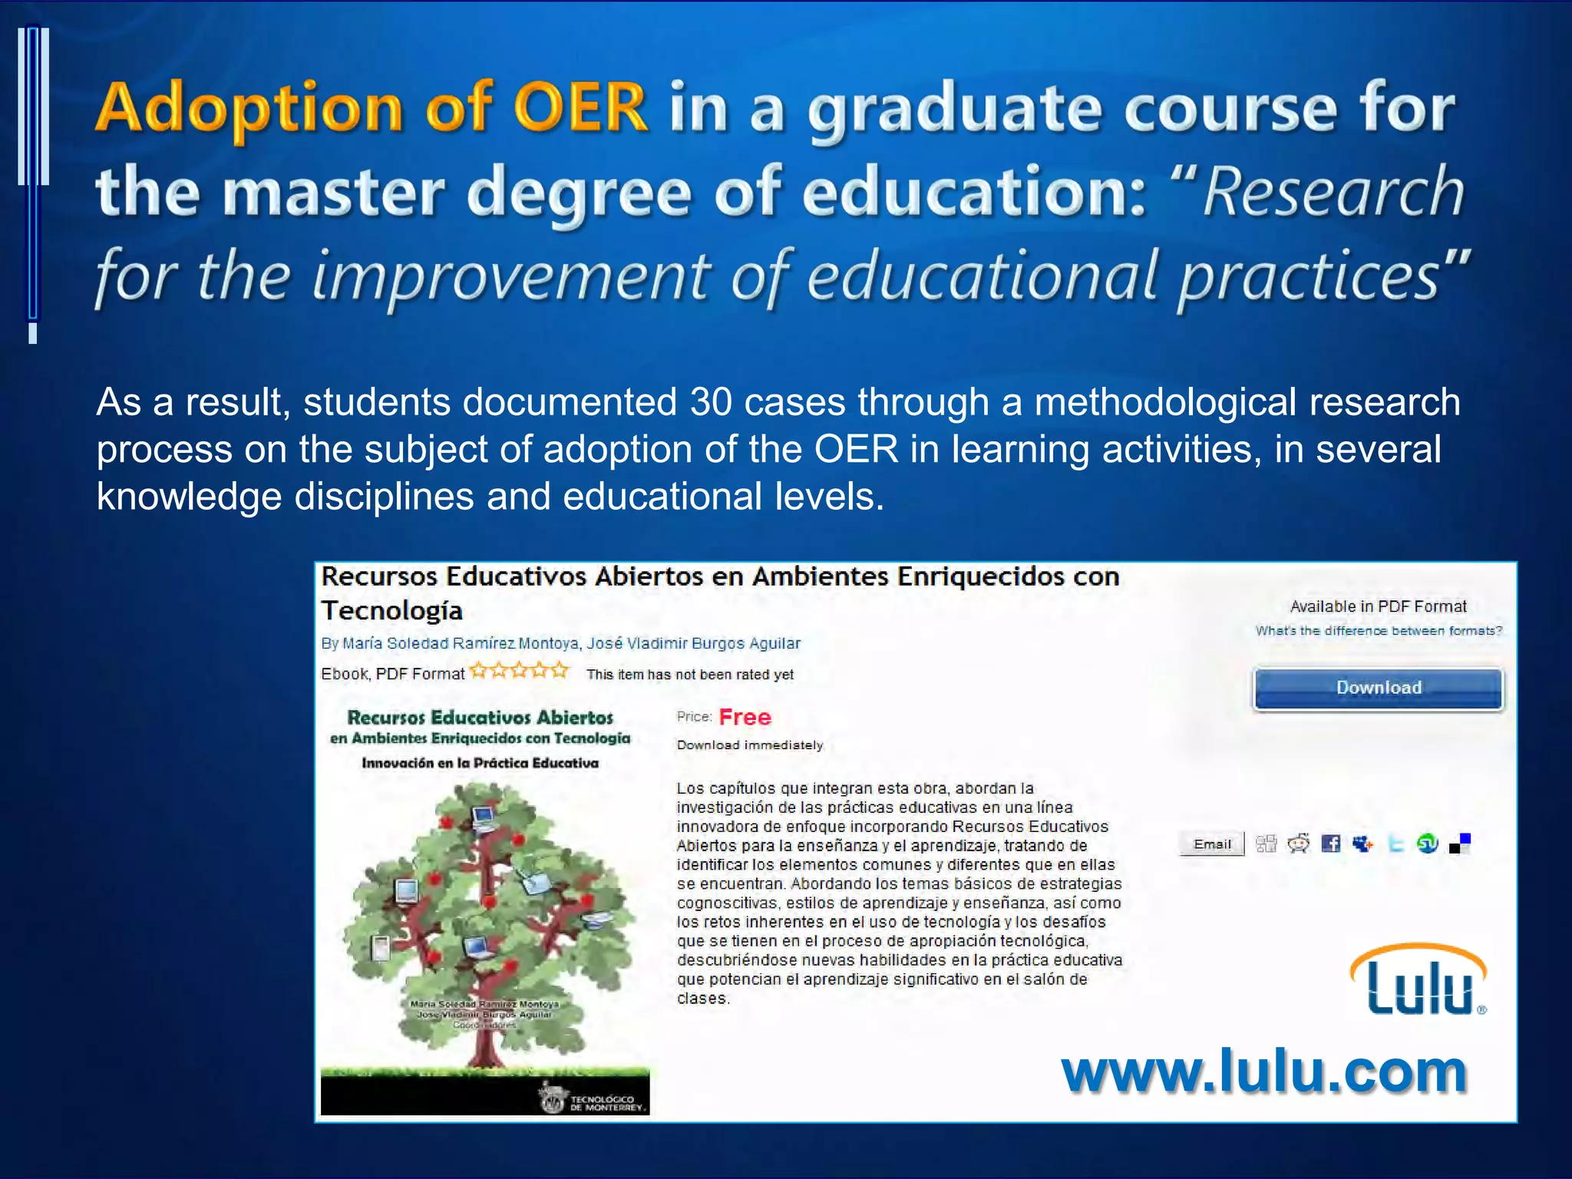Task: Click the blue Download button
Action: (1378, 689)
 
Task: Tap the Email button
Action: (1212, 844)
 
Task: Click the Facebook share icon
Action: (1331, 844)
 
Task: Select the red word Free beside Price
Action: (745, 718)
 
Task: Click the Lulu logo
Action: (1418, 981)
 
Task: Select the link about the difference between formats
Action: (1379, 631)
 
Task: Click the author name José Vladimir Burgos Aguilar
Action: (694, 643)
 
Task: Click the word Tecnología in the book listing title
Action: (392, 611)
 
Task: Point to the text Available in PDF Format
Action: (1378, 606)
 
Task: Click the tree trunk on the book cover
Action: (485, 1036)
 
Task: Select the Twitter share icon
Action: (1395, 844)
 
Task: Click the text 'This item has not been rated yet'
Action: (690, 675)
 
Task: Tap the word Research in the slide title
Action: (1333, 192)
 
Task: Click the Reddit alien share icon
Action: (1299, 844)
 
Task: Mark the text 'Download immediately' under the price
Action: (749, 745)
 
